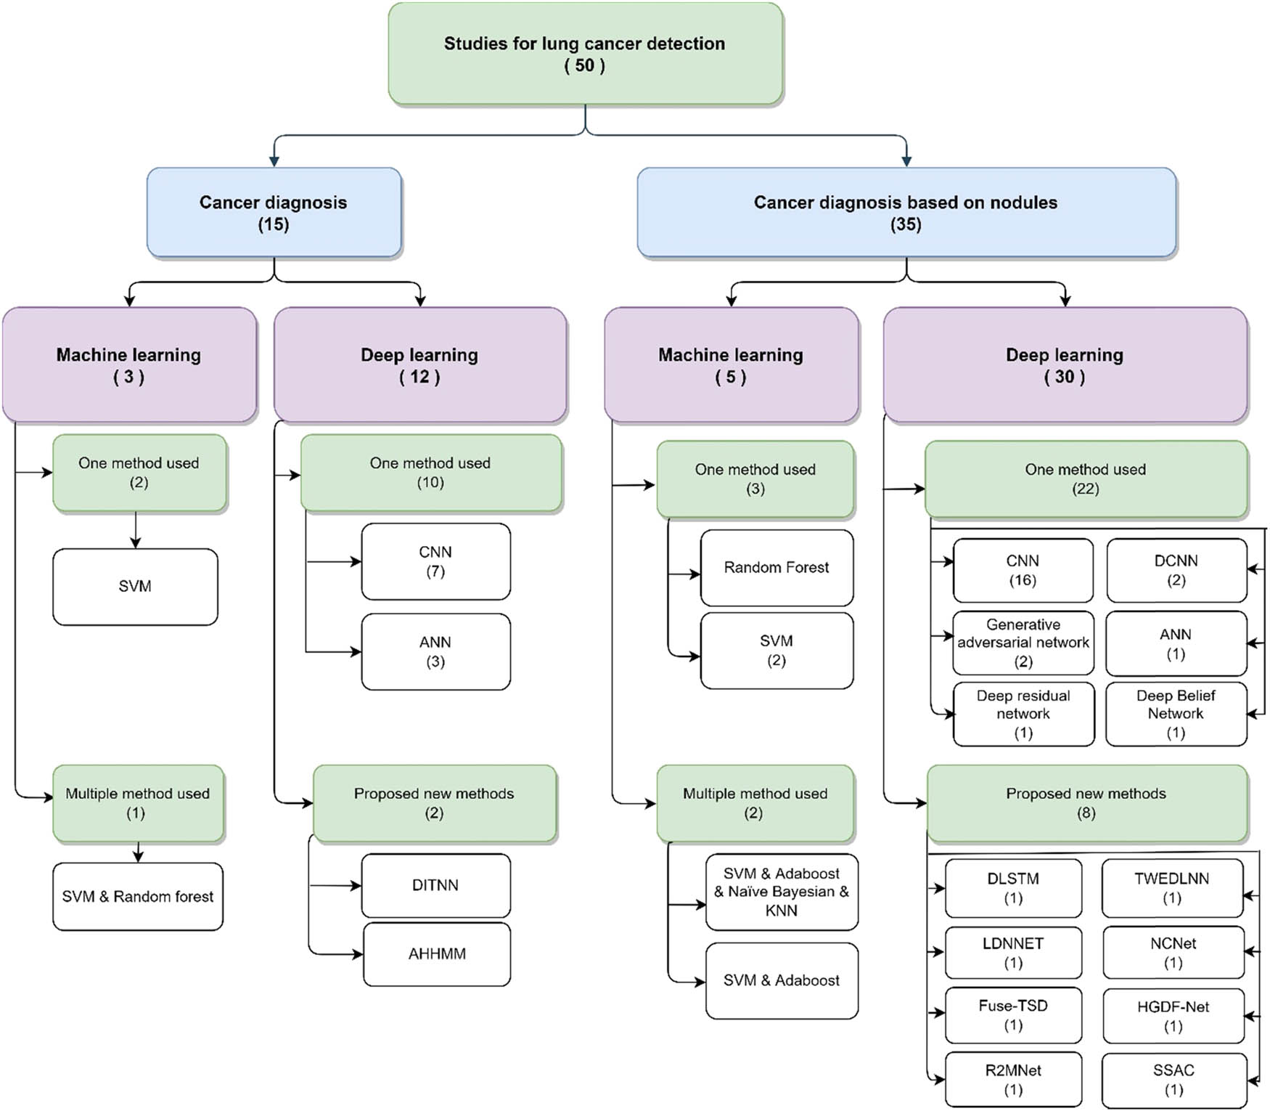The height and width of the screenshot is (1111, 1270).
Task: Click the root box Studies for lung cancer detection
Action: (585, 54)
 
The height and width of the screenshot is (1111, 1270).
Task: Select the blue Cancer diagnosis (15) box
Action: (274, 213)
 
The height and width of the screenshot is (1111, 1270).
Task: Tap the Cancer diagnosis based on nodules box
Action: (906, 213)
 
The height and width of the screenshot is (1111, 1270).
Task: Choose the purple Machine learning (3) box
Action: (129, 365)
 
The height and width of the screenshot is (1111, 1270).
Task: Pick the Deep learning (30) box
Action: (1065, 365)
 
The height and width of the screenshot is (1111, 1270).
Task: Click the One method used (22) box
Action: (1085, 479)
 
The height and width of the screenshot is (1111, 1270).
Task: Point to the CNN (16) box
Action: (1022, 570)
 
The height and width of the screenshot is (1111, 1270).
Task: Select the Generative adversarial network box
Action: (1023, 643)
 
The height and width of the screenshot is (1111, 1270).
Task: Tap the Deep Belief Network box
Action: (1175, 713)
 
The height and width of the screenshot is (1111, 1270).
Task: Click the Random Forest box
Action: (776, 567)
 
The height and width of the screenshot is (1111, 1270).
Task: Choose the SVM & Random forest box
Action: (137, 896)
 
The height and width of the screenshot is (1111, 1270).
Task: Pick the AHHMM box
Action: (436, 953)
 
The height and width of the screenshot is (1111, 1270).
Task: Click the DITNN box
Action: (435, 885)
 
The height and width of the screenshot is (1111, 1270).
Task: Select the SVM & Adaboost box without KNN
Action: (781, 980)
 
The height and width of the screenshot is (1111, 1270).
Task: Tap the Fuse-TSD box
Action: (1012, 1014)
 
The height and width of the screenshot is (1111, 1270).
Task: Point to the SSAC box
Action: (1173, 1079)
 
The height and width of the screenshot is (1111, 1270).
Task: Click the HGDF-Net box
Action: (1173, 1015)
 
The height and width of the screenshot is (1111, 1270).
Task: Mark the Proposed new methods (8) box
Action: (1086, 802)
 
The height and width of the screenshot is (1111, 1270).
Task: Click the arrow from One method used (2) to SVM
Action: (136, 530)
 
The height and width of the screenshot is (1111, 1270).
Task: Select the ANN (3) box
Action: (435, 651)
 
